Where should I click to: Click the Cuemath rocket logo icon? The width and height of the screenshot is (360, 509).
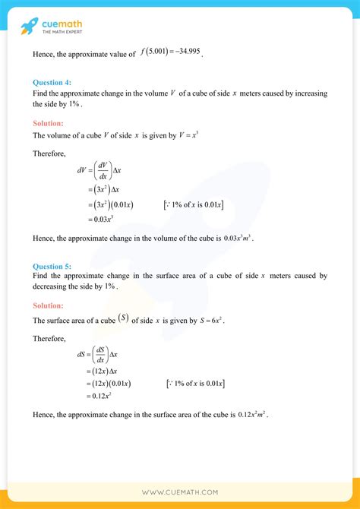[30, 27]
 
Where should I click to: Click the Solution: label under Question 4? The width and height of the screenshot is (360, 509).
[48, 122]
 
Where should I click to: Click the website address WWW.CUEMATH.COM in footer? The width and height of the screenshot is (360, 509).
[180, 492]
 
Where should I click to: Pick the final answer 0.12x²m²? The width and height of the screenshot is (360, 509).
[253, 415]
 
